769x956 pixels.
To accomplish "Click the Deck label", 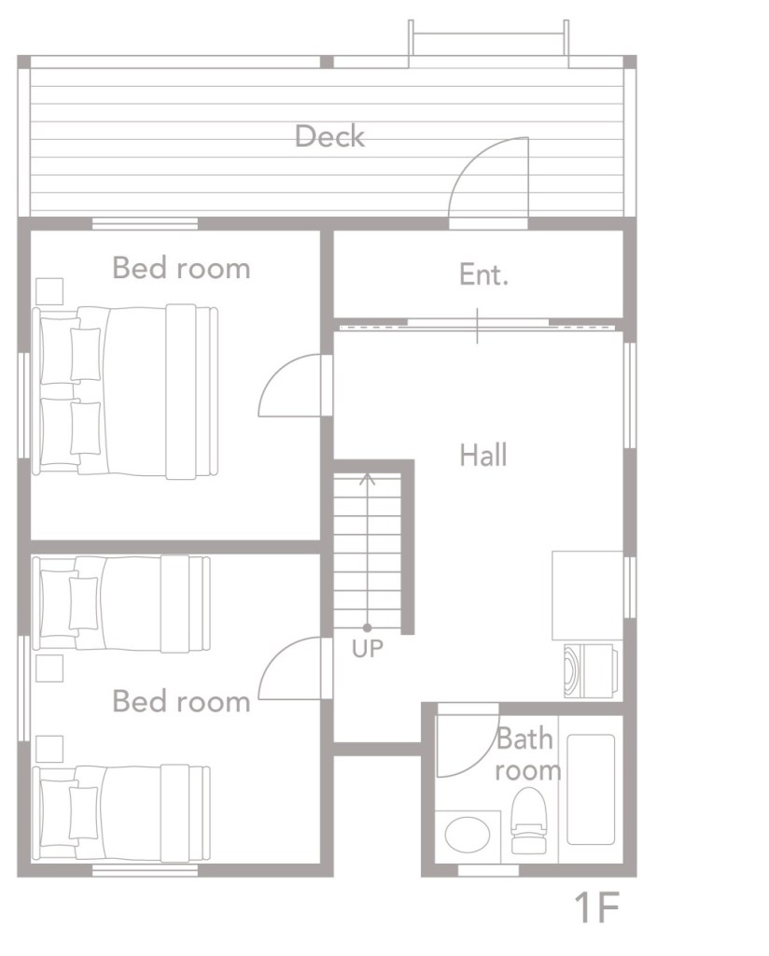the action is (x=329, y=136).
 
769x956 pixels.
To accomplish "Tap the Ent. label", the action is (x=483, y=274).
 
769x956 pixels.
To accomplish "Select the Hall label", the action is (x=483, y=455).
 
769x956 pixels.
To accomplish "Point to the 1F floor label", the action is (x=596, y=907).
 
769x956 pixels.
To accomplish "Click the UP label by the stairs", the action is (x=368, y=649).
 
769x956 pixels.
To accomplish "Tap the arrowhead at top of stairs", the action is (x=367, y=478).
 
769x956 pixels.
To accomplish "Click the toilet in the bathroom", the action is (x=529, y=820).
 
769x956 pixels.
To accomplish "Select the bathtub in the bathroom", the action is (x=591, y=789).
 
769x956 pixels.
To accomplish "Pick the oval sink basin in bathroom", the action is (x=468, y=835).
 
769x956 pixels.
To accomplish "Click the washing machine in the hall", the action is (x=592, y=670).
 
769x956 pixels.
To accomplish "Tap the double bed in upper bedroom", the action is (x=125, y=391).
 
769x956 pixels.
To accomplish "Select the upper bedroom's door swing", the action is (x=289, y=386).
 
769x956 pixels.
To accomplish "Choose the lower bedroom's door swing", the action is (x=289, y=668).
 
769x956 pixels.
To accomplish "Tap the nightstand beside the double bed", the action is (x=49, y=291).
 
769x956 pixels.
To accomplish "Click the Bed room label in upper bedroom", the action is (x=182, y=268).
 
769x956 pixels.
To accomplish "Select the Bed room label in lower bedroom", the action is (x=182, y=701).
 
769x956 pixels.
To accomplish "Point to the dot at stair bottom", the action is (x=367, y=627).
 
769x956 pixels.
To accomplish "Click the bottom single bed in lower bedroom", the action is (x=121, y=813).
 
